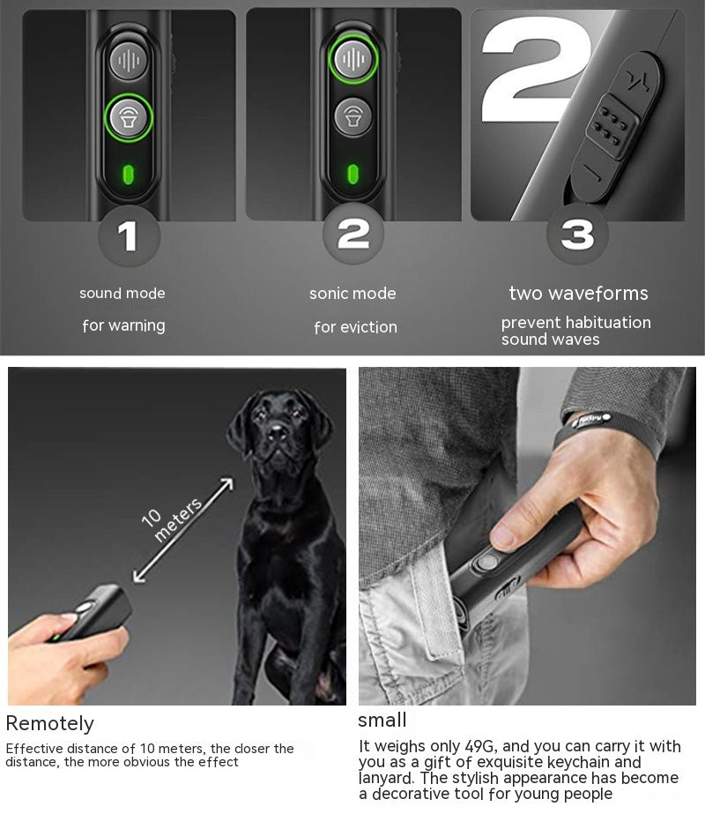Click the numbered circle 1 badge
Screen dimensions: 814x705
[x=128, y=236]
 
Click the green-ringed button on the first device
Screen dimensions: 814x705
[x=129, y=117]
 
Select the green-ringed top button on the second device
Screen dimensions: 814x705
[x=352, y=59]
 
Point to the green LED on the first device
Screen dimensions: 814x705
[x=129, y=172]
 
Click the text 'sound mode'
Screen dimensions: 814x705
[x=122, y=294]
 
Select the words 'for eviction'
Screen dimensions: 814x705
[x=355, y=327]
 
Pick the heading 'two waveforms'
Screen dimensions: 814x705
[x=578, y=294]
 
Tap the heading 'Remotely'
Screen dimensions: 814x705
[x=49, y=724]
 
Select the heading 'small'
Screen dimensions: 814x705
[x=382, y=721]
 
